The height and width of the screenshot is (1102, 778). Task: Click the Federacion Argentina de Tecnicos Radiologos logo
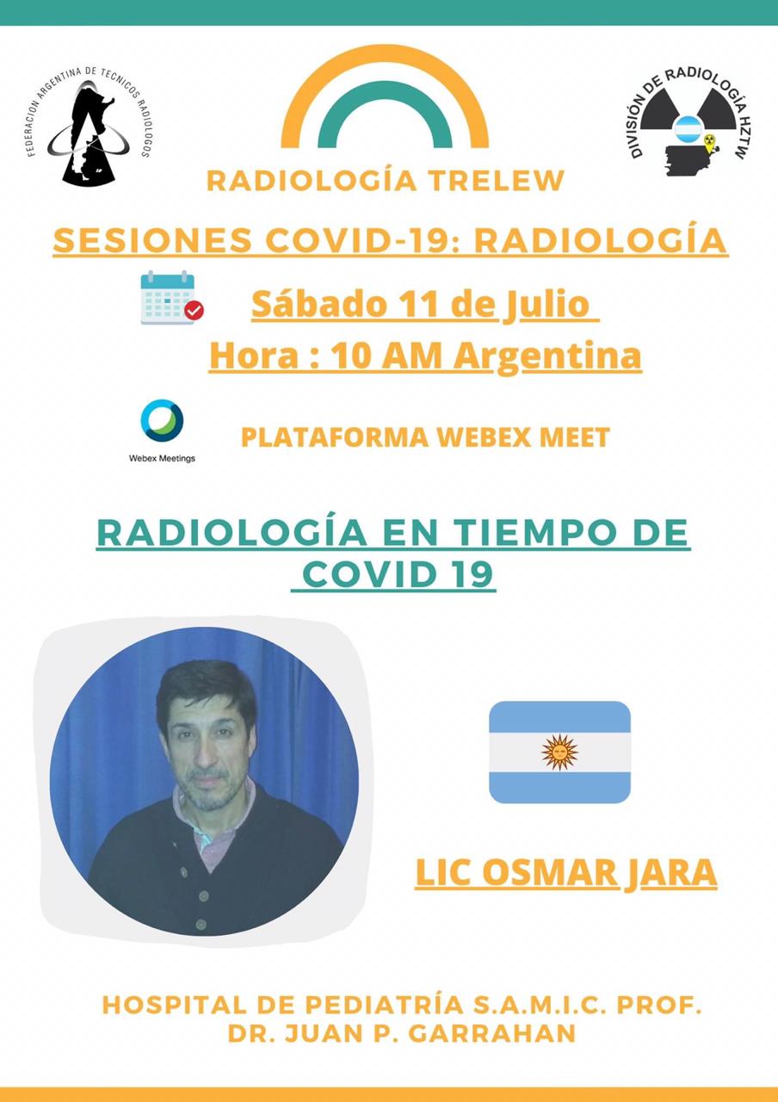pyautogui.click(x=89, y=126)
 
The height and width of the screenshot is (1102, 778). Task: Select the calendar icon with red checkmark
pyautogui.click(x=172, y=298)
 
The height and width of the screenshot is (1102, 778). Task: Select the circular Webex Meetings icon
pyautogui.click(x=163, y=421)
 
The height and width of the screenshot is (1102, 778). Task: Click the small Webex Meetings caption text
pyautogui.click(x=163, y=458)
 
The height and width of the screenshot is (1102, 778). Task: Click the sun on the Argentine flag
pyautogui.click(x=559, y=752)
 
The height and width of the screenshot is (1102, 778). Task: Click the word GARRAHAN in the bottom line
pyautogui.click(x=491, y=1034)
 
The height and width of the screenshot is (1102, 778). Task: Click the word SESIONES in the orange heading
pyautogui.click(x=152, y=240)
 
